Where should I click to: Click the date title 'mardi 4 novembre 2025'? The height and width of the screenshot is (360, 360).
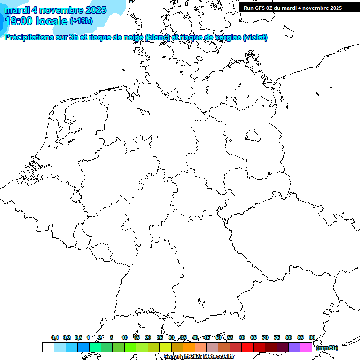55,10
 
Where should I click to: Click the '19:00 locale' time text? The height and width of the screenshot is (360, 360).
36,21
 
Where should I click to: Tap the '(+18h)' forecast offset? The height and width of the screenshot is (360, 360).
81,21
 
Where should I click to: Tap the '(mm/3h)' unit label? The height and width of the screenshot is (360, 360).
327,348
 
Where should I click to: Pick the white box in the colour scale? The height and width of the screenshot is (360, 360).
48,347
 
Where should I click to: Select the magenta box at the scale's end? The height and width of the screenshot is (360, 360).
306,347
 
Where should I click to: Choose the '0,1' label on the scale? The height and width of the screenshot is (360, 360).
55,337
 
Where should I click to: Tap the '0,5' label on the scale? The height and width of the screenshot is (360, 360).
78,337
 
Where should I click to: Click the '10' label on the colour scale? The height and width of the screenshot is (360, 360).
125,337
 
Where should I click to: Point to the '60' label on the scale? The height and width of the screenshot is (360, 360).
242,337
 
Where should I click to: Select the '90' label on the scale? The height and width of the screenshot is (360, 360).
312,337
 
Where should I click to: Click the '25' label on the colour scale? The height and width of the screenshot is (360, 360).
160,337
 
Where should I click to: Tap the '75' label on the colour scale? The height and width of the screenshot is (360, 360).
277,337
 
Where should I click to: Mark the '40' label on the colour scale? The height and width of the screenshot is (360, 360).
195,337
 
